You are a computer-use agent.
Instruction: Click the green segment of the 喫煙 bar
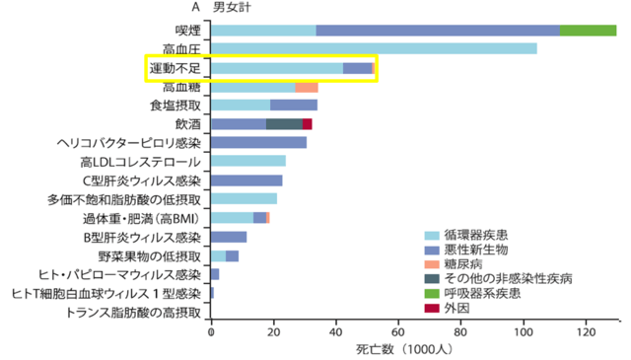[589, 31]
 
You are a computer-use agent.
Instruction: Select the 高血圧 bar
[375, 48]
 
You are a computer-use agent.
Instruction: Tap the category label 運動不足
[175, 68]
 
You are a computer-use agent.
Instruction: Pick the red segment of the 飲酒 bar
[308, 123]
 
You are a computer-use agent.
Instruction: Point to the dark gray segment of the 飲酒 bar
[284, 123]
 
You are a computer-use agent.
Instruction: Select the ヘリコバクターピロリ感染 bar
[259, 142]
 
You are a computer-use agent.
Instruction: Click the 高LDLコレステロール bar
[248, 161]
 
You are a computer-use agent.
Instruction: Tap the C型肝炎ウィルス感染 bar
[247, 180]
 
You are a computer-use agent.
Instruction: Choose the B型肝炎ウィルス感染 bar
[230, 237]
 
